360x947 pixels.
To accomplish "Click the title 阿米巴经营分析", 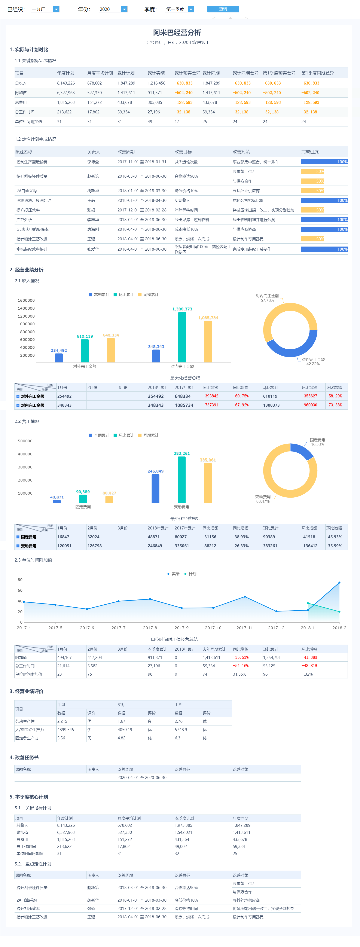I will [x=177, y=33].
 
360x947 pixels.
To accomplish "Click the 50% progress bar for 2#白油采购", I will [x=312, y=191].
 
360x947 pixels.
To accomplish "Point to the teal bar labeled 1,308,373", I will [x=182, y=337].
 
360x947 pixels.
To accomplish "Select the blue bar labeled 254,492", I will [x=59, y=358].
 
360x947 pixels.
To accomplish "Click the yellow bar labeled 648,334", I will [x=111, y=350].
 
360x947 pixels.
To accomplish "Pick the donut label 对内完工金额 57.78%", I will [x=267, y=298].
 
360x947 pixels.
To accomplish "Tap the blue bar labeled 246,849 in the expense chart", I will [x=156, y=488].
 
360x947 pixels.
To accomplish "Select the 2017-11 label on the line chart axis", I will [x=245, y=628].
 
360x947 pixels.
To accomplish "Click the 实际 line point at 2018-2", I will [x=339, y=583].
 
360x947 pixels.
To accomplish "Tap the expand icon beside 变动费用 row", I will [x=18, y=546].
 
